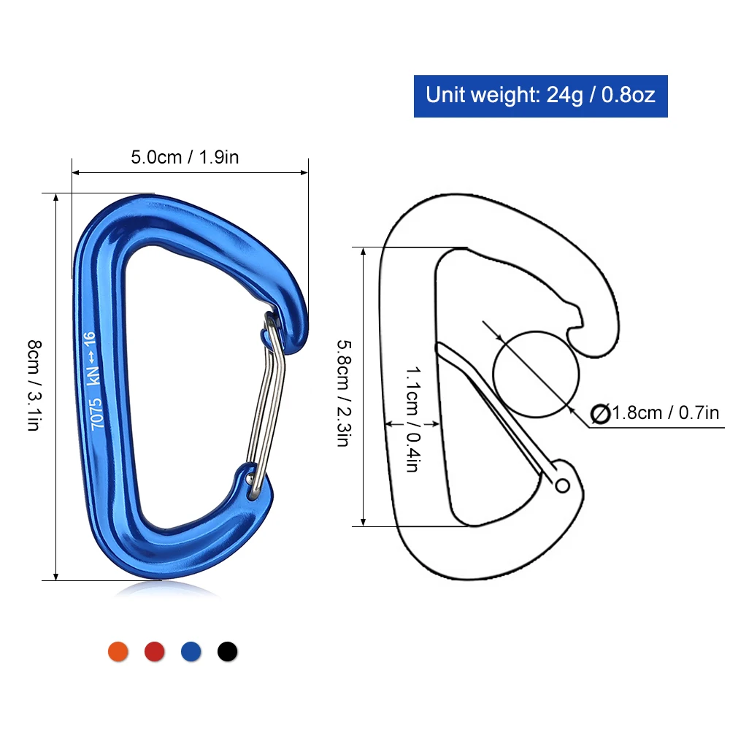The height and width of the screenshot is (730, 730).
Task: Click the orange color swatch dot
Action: (118, 651)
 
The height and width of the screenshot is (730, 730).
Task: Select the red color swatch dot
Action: (154, 651)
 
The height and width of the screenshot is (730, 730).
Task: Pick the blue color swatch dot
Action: (191, 651)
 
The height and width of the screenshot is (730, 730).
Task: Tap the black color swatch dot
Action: (227, 651)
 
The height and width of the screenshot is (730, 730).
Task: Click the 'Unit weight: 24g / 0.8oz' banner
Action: (540, 96)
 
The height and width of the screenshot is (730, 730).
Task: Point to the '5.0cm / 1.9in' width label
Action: (185, 158)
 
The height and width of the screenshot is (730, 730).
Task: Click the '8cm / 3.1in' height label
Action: (34, 385)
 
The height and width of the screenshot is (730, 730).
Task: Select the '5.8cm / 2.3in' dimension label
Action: (344, 393)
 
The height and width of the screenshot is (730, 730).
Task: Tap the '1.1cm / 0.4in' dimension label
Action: (413, 419)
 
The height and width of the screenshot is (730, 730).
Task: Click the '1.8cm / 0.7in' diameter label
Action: (666, 413)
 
